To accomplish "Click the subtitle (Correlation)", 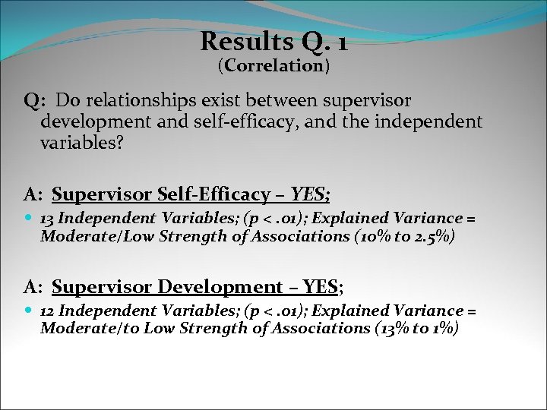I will point(273,66).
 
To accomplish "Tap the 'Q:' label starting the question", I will point(36,101).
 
